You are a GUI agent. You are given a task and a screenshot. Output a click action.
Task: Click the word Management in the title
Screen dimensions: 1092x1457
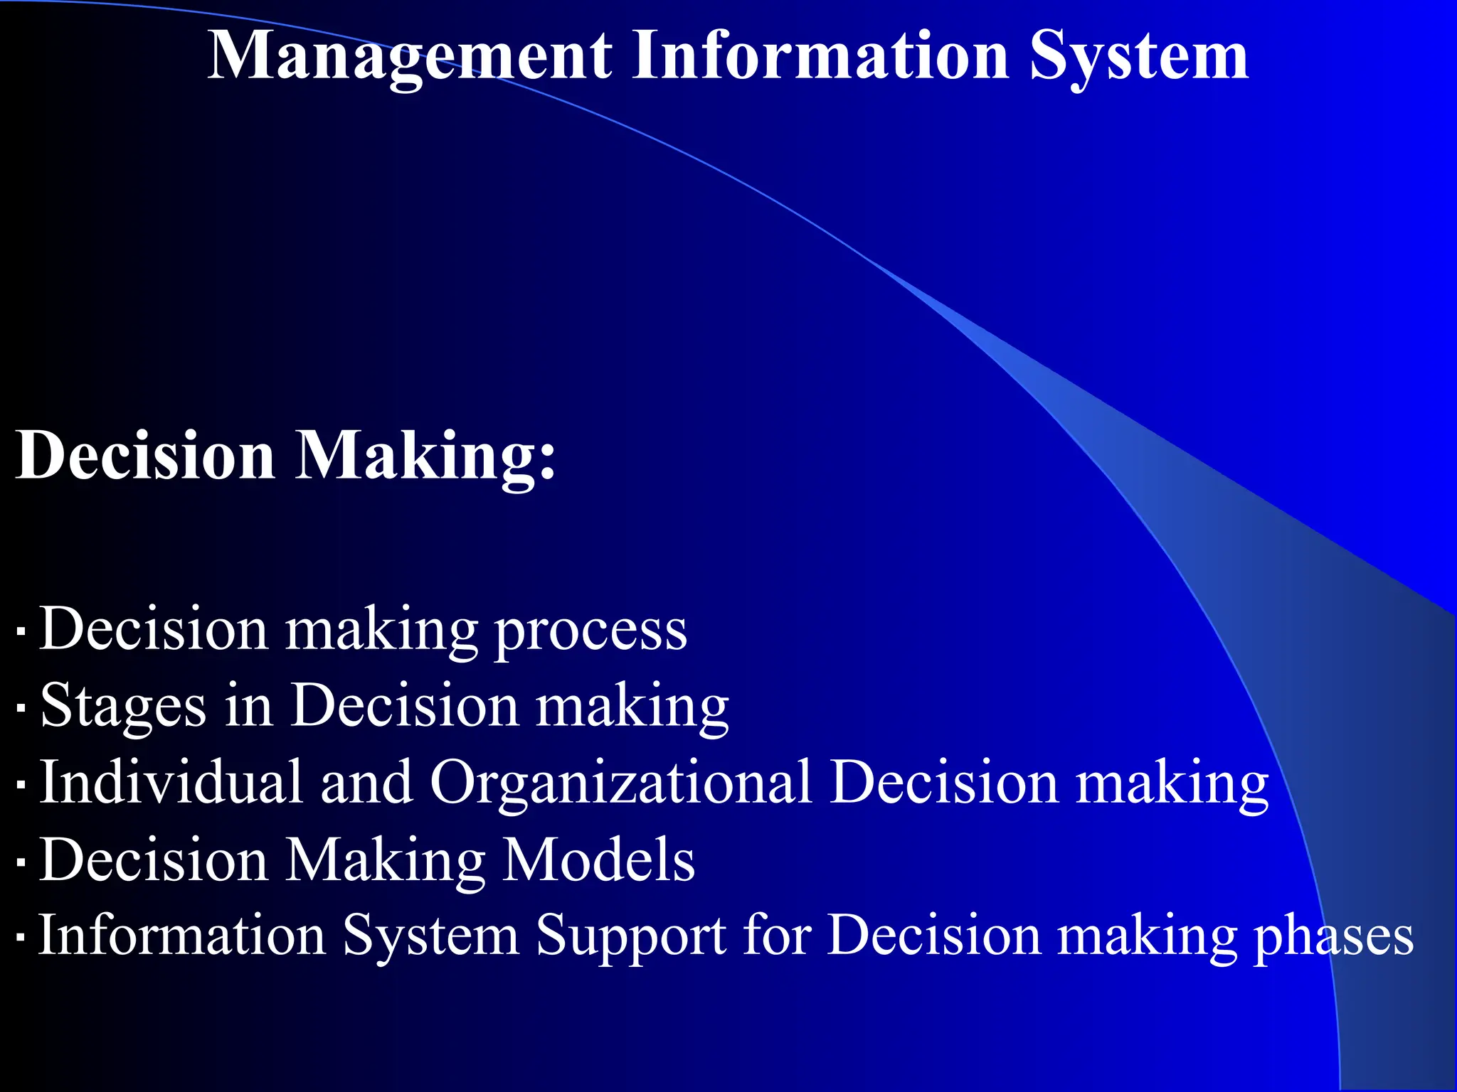click(409, 57)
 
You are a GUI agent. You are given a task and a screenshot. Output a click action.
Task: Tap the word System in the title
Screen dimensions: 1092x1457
click(1138, 57)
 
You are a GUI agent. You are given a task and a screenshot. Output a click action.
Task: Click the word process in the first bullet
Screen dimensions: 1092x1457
click(590, 630)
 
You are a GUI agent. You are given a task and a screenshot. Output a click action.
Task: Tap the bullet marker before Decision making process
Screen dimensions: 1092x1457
click(21, 631)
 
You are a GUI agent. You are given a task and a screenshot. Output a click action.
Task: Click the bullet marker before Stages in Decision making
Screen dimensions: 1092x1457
click(21, 708)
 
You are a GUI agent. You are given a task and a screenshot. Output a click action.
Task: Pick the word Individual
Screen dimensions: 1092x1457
click(171, 782)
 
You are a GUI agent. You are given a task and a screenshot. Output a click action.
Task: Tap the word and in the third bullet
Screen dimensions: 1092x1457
click(366, 782)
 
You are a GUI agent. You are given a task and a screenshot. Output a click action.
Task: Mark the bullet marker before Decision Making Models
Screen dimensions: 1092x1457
click(21, 863)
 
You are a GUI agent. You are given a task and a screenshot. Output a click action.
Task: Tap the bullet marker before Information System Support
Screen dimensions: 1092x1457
click(21, 938)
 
